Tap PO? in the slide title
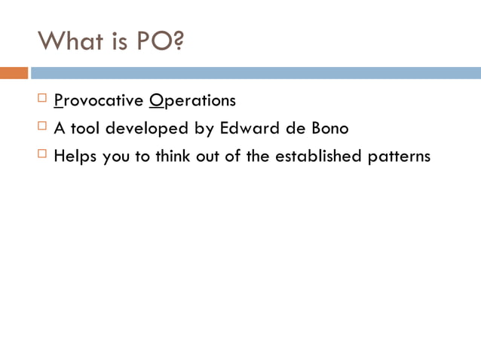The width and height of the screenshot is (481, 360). click(160, 41)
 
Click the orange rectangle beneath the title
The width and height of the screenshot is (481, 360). click(14, 73)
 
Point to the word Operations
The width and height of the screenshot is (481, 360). click(192, 101)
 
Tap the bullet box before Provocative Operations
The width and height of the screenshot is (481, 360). click(42, 99)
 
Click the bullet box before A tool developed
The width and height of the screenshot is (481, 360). click(42, 127)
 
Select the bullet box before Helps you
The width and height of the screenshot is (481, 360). click(42, 155)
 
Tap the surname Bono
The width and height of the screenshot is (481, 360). click(329, 129)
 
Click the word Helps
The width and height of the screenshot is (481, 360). click(75, 157)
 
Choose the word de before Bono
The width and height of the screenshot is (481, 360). click(293, 129)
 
